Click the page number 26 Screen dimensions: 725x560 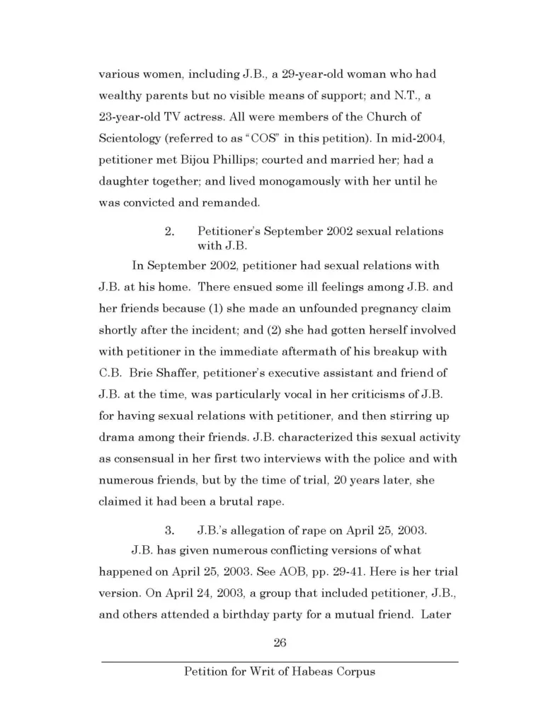(x=280, y=643)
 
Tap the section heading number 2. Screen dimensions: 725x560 (x=168, y=232)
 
